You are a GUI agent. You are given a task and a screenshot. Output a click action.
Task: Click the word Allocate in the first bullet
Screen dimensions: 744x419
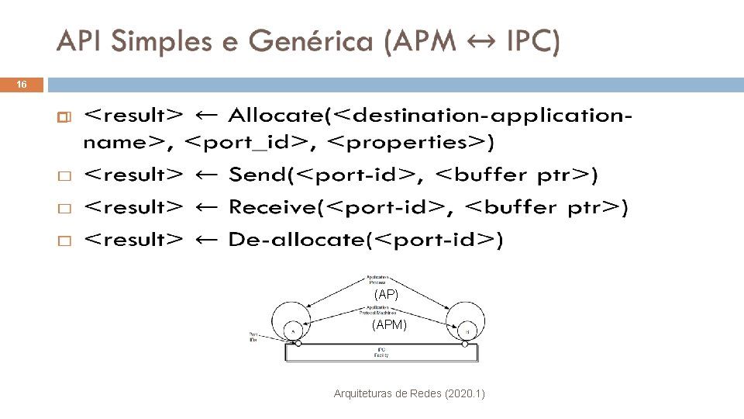pyautogui.click(x=277, y=116)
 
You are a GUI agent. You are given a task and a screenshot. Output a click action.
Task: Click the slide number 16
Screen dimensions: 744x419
pyautogui.click(x=22, y=85)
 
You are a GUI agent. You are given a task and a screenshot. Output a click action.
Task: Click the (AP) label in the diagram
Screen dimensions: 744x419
pyautogui.click(x=385, y=296)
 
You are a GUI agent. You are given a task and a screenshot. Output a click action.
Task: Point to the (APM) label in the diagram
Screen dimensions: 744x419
pyautogui.click(x=389, y=325)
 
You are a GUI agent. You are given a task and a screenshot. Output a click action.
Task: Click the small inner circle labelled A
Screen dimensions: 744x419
pyautogui.click(x=293, y=331)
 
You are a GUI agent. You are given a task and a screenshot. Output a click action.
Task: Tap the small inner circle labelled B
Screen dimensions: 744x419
pyautogui.click(x=467, y=331)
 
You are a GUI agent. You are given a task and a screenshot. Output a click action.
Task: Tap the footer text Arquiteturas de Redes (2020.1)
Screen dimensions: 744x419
pyautogui.click(x=409, y=394)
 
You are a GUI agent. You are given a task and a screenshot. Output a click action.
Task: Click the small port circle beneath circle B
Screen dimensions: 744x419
pyautogui.click(x=465, y=343)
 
